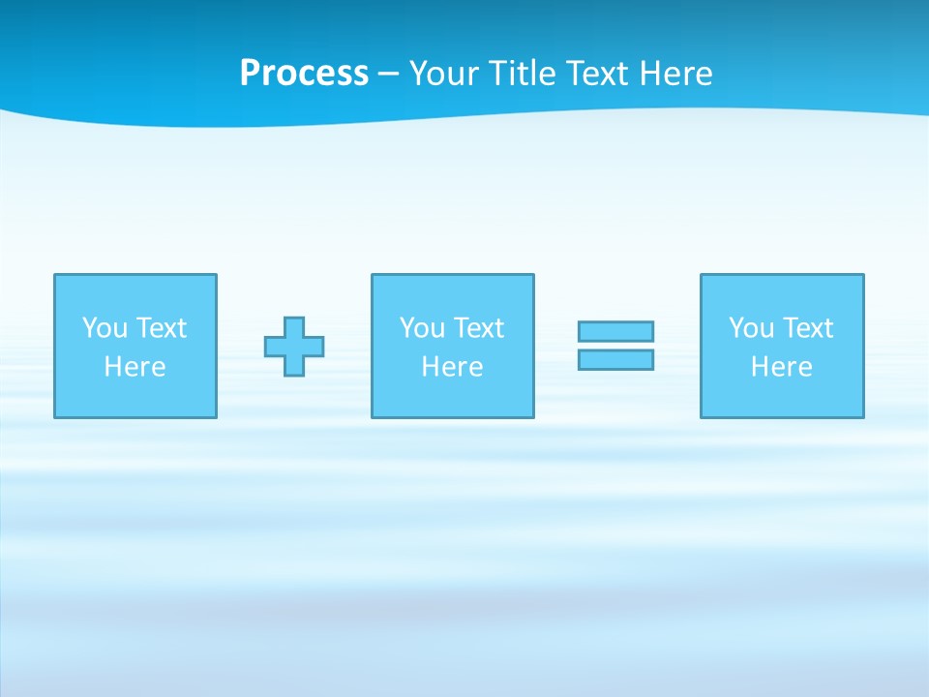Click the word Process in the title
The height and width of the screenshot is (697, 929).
[x=304, y=74]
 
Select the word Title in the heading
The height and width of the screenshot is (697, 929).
[x=523, y=74]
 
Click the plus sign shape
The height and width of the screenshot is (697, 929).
[x=294, y=347]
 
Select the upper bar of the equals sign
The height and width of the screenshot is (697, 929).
[x=615, y=331]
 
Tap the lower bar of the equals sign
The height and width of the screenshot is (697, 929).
[x=615, y=359]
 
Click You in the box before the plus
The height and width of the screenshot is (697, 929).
[x=105, y=328]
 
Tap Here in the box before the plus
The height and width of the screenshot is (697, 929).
[x=135, y=367]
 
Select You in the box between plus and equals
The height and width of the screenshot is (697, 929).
[x=422, y=328]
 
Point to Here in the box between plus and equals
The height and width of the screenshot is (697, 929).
[x=452, y=367]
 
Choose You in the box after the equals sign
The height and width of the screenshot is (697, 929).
[x=751, y=328]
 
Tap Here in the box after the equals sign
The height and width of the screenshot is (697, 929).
[x=781, y=367]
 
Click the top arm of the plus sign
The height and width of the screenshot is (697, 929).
[x=294, y=326]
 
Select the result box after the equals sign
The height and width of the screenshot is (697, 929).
[x=782, y=397]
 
